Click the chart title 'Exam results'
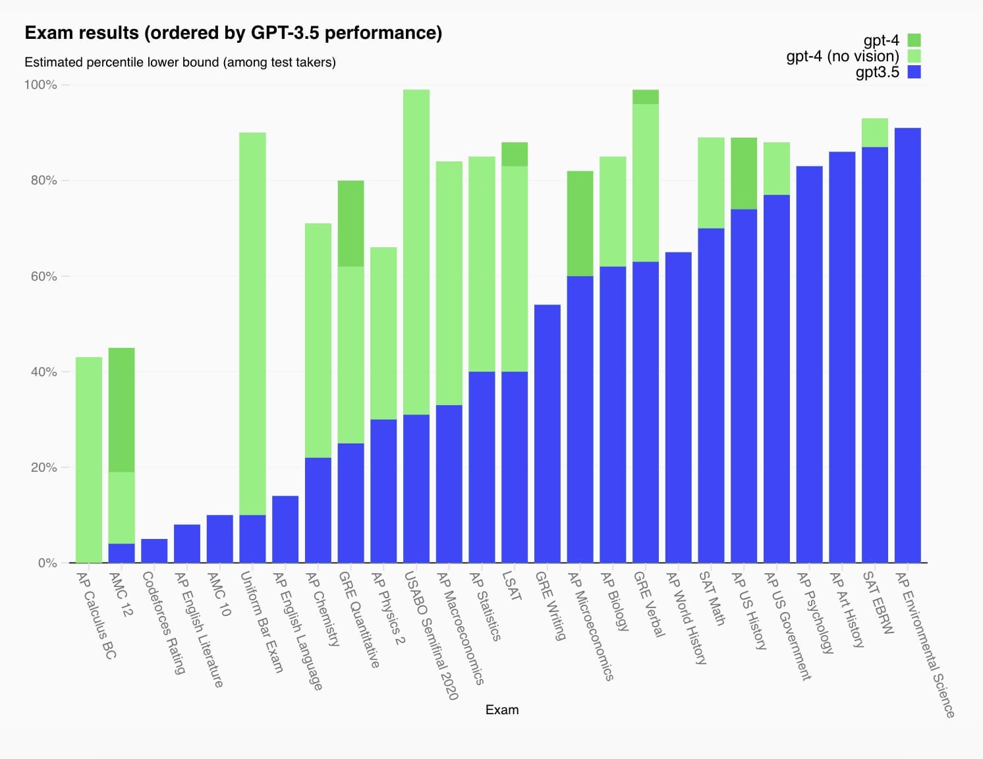tap(233, 33)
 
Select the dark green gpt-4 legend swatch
tap(914, 40)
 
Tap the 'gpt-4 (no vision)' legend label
tap(842, 56)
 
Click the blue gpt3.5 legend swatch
tap(914, 72)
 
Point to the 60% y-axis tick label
tap(43, 276)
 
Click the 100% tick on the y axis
tap(41, 85)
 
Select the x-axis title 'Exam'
tap(501, 710)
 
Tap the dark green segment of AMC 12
tap(121, 410)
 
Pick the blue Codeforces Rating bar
tap(154, 551)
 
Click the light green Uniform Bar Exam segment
tap(252, 323)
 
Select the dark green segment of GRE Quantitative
tap(351, 223)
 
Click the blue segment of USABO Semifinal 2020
tap(416, 489)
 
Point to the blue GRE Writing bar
tap(548, 434)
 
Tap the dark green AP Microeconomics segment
tap(580, 223)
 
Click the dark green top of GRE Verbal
tap(646, 97)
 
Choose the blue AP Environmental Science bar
tap(907, 345)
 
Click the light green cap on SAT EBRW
tap(875, 132)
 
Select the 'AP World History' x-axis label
tap(686, 617)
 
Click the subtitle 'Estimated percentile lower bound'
tap(180, 63)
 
